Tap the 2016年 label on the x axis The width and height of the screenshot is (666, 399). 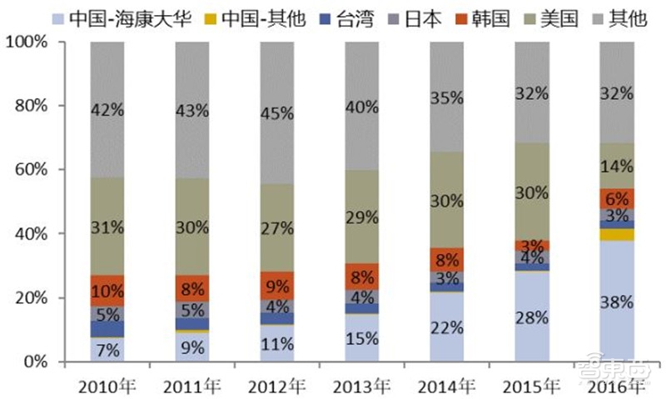618,386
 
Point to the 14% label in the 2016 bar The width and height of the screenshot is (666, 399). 618,166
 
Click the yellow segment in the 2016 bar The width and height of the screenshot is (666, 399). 618,234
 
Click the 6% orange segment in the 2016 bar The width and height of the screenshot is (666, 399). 618,199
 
